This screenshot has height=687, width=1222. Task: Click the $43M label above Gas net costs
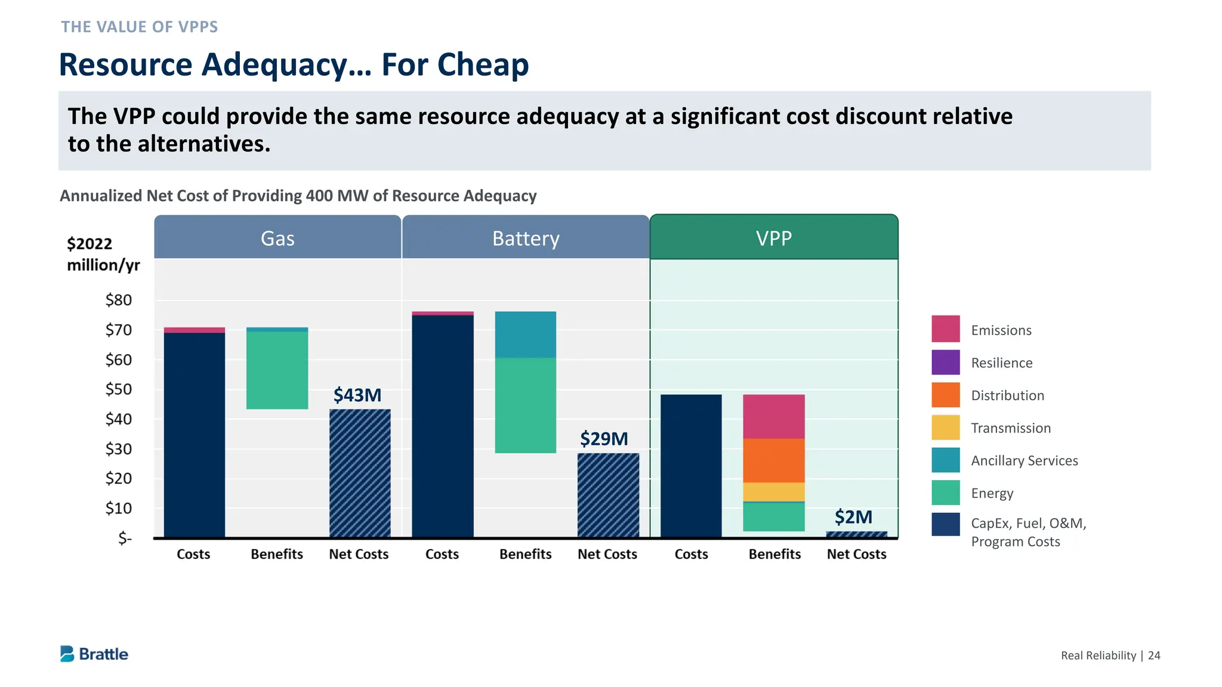click(357, 395)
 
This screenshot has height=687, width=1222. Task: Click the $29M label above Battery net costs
click(604, 439)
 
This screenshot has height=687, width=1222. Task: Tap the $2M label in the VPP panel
click(853, 517)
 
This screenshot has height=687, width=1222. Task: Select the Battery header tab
click(526, 238)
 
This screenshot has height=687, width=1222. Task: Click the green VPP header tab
click(774, 238)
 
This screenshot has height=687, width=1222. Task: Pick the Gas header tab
click(277, 238)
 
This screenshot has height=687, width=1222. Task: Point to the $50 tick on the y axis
click(119, 389)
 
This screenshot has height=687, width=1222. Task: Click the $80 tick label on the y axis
click(119, 300)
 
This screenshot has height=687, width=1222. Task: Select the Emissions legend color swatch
click(946, 329)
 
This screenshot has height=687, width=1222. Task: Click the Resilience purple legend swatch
click(946, 362)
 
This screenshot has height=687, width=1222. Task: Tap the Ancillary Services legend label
click(1024, 460)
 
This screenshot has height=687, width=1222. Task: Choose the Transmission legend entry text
click(1011, 428)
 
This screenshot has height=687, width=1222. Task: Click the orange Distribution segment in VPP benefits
click(774, 460)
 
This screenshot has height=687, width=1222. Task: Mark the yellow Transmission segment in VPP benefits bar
click(774, 492)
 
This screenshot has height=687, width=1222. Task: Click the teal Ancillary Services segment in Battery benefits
click(526, 335)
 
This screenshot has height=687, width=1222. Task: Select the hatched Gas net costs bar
click(360, 473)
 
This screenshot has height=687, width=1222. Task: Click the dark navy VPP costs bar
click(691, 466)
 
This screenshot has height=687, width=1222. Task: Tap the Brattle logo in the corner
click(94, 654)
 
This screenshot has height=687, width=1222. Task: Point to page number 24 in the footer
click(1154, 655)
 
